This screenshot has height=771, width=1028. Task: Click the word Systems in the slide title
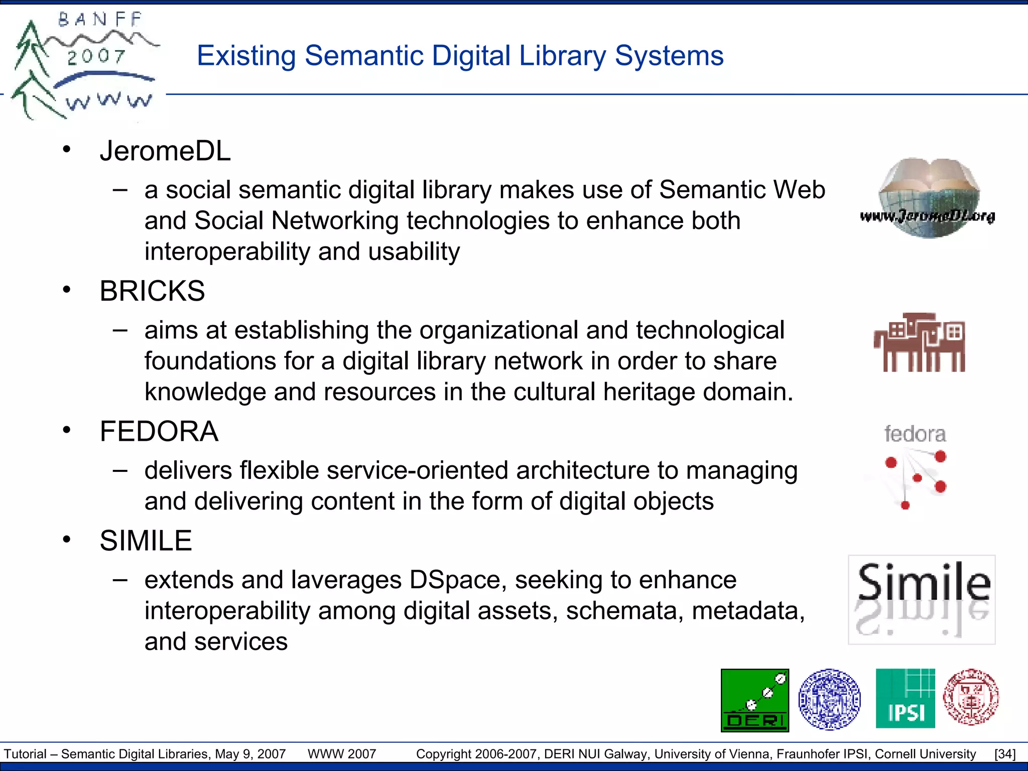[669, 56]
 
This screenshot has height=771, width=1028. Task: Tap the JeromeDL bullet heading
[165, 151]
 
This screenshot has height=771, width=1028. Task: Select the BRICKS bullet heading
[152, 291]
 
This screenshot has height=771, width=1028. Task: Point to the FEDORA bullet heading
[159, 431]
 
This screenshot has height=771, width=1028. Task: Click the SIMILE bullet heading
[146, 541]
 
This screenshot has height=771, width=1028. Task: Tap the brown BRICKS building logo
[919, 342]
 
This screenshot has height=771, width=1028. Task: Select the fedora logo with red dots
[915, 465]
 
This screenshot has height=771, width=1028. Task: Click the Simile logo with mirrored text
[922, 599]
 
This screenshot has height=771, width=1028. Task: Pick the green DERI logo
[754, 700]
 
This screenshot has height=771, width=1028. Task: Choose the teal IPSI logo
[905, 698]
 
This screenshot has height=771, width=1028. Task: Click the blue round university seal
[829, 699]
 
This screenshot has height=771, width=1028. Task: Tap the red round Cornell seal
[971, 697]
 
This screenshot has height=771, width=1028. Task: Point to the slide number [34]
[1004, 754]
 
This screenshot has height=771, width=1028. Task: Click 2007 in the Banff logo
[96, 57]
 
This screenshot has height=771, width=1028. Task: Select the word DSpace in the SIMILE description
[455, 580]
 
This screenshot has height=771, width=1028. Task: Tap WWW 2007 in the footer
[342, 754]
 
